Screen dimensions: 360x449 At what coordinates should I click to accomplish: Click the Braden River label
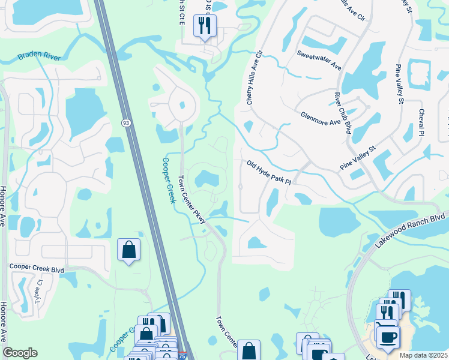tap(40, 57)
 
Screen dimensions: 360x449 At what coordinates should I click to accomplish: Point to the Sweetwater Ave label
tap(319, 60)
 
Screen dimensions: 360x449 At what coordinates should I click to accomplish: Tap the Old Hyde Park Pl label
tap(268, 172)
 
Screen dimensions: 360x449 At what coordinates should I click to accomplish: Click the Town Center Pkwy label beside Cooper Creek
tap(193, 200)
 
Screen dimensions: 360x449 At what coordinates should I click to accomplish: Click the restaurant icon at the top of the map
tap(205, 26)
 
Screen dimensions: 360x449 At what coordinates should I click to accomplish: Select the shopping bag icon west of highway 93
tap(129, 250)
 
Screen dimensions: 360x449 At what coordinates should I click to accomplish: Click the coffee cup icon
tap(387, 337)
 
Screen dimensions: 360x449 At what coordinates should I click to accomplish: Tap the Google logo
tap(20, 353)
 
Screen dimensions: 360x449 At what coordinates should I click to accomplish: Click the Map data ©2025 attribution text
tap(423, 355)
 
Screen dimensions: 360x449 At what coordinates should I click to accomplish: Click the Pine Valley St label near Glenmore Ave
tap(357, 157)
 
